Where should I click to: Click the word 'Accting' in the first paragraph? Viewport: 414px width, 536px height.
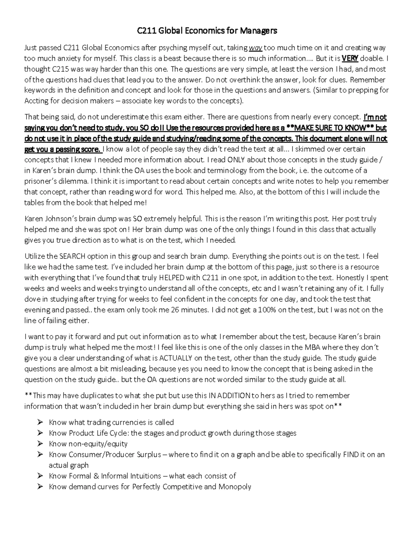tap(35, 101)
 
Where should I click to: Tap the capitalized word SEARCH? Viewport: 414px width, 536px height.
tap(72, 256)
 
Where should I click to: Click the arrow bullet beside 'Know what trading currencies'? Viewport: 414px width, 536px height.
tap(40, 422)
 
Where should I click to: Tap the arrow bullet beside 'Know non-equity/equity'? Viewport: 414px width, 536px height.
tap(40, 444)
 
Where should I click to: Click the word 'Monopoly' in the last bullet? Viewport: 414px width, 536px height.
tap(235, 487)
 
